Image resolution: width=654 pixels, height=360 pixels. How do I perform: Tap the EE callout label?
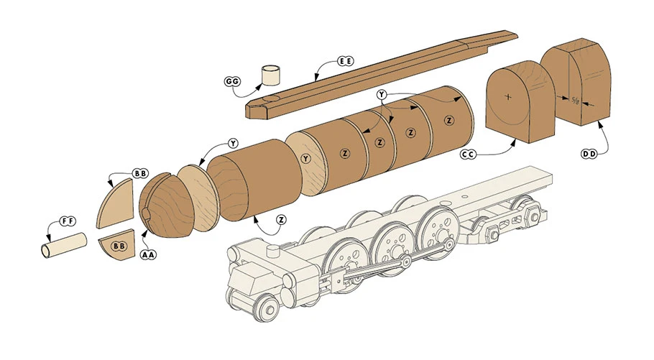[345, 62]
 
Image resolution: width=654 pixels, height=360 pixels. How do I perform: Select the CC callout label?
[469, 154]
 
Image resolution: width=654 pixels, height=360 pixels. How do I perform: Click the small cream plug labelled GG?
[271, 75]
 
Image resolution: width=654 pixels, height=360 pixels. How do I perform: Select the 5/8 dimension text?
[575, 100]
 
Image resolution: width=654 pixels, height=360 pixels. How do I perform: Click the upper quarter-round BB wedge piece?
[115, 203]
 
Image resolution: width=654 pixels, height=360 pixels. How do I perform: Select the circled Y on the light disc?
[305, 158]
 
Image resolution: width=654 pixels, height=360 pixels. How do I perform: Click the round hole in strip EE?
[272, 100]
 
